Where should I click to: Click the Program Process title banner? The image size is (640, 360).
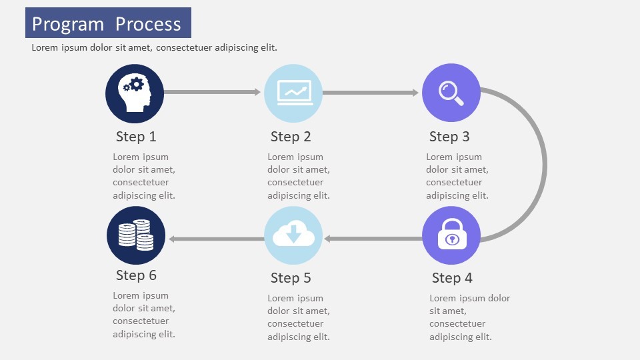(108, 23)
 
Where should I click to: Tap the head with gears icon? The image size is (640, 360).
(135, 93)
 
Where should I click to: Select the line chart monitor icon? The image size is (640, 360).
(293, 93)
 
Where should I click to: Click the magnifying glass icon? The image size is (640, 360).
(451, 93)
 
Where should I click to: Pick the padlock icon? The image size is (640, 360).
(451, 235)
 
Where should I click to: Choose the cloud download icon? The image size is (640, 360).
(293, 235)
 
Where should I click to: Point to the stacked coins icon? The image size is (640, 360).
(136, 235)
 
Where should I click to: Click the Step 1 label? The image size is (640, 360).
(136, 137)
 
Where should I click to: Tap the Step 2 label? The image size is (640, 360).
(291, 137)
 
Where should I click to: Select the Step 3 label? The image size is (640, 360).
(449, 137)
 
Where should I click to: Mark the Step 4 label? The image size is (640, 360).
(452, 278)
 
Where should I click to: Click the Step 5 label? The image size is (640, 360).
(291, 278)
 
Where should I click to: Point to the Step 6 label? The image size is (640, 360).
(136, 275)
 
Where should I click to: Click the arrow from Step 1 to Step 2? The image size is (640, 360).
(212, 92)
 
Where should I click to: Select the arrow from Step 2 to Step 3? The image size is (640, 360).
(370, 93)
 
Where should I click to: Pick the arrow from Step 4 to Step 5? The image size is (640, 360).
(373, 238)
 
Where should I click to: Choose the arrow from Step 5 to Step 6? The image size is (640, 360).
(217, 239)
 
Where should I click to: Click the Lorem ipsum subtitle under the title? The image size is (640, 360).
(154, 48)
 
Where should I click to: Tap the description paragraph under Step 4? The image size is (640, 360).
(469, 317)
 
